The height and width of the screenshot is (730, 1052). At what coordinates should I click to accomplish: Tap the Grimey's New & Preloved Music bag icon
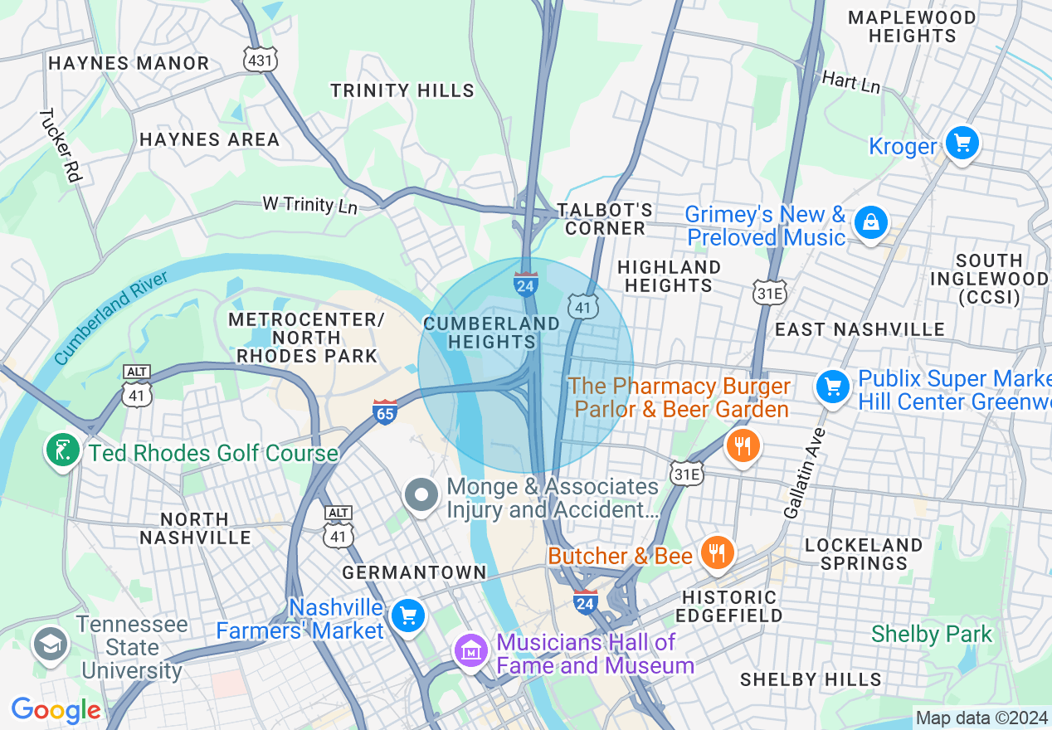tap(871, 223)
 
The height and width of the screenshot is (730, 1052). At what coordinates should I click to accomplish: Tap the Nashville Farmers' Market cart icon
tap(407, 616)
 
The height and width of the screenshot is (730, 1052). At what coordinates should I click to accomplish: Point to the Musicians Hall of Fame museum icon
tap(472, 651)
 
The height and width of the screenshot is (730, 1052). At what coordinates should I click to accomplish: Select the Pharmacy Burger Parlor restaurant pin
tap(743, 447)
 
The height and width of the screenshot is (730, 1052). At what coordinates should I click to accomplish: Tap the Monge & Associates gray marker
tap(421, 495)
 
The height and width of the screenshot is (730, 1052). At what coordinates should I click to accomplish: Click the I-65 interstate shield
tap(385, 411)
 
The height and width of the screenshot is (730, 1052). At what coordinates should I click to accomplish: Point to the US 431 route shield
tap(260, 59)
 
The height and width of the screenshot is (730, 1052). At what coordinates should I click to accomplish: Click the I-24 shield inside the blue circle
tap(525, 284)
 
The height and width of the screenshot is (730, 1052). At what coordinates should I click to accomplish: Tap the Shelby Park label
tap(931, 635)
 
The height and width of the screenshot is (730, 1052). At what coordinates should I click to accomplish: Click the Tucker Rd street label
tap(61, 145)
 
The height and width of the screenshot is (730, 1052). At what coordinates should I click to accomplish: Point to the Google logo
tap(56, 710)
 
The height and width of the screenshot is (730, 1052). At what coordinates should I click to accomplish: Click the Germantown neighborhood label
tap(414, 572)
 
